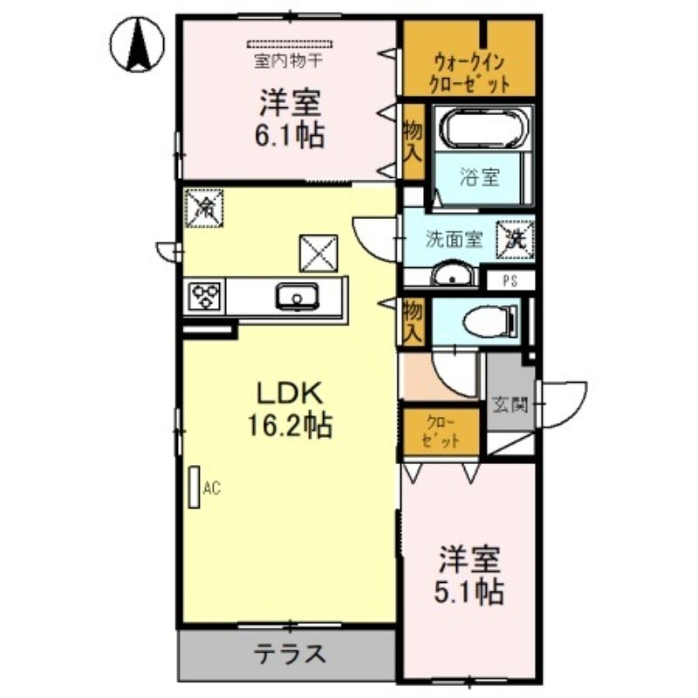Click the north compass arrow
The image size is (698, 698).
click(138, 45)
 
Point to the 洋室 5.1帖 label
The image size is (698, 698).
click(470, 575)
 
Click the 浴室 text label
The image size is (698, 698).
click(479, 176)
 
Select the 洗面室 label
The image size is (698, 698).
click(455, 239)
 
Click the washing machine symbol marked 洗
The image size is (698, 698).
click(515, 237)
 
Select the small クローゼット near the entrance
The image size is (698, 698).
click(441, 430)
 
